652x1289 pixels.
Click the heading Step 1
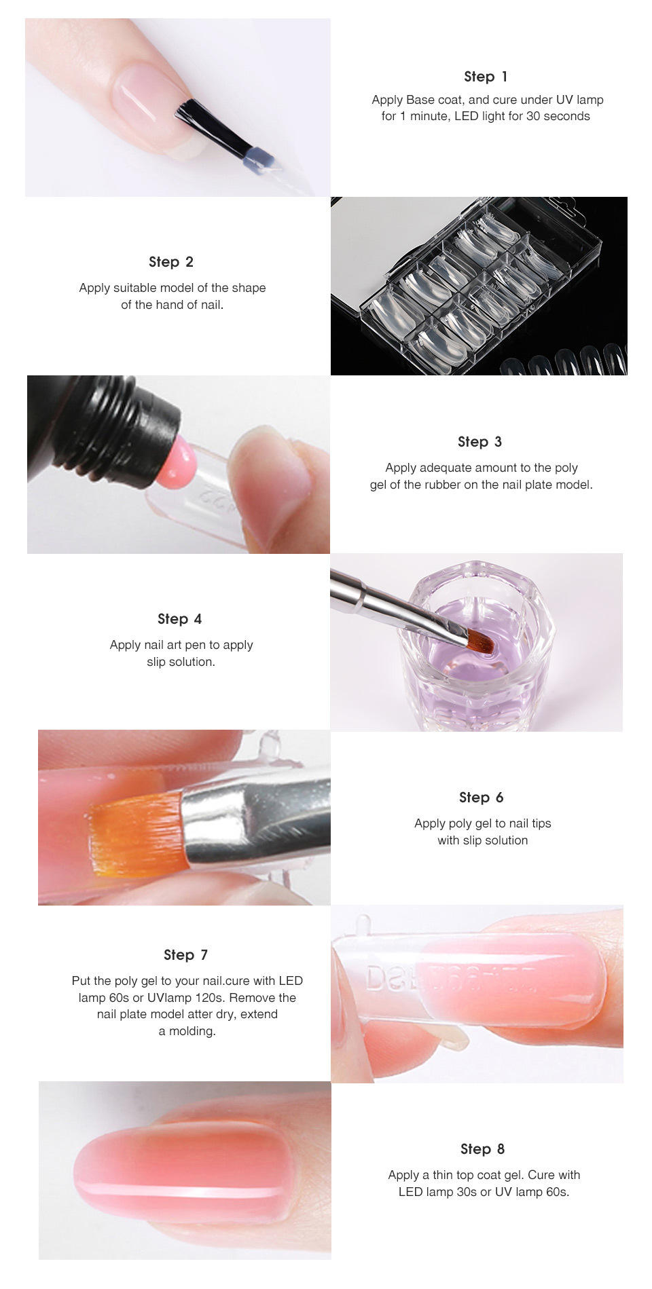pos(486,77)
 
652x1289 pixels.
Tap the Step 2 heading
pos(171,262)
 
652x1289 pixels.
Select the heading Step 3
pos(479,442)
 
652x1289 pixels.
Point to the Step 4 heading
pos(179,619)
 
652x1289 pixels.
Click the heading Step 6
pos(481,798)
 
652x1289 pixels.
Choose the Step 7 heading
pos(185,955)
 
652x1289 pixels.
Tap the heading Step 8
pos(482,1149)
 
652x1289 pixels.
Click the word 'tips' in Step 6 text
pos(541,824)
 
